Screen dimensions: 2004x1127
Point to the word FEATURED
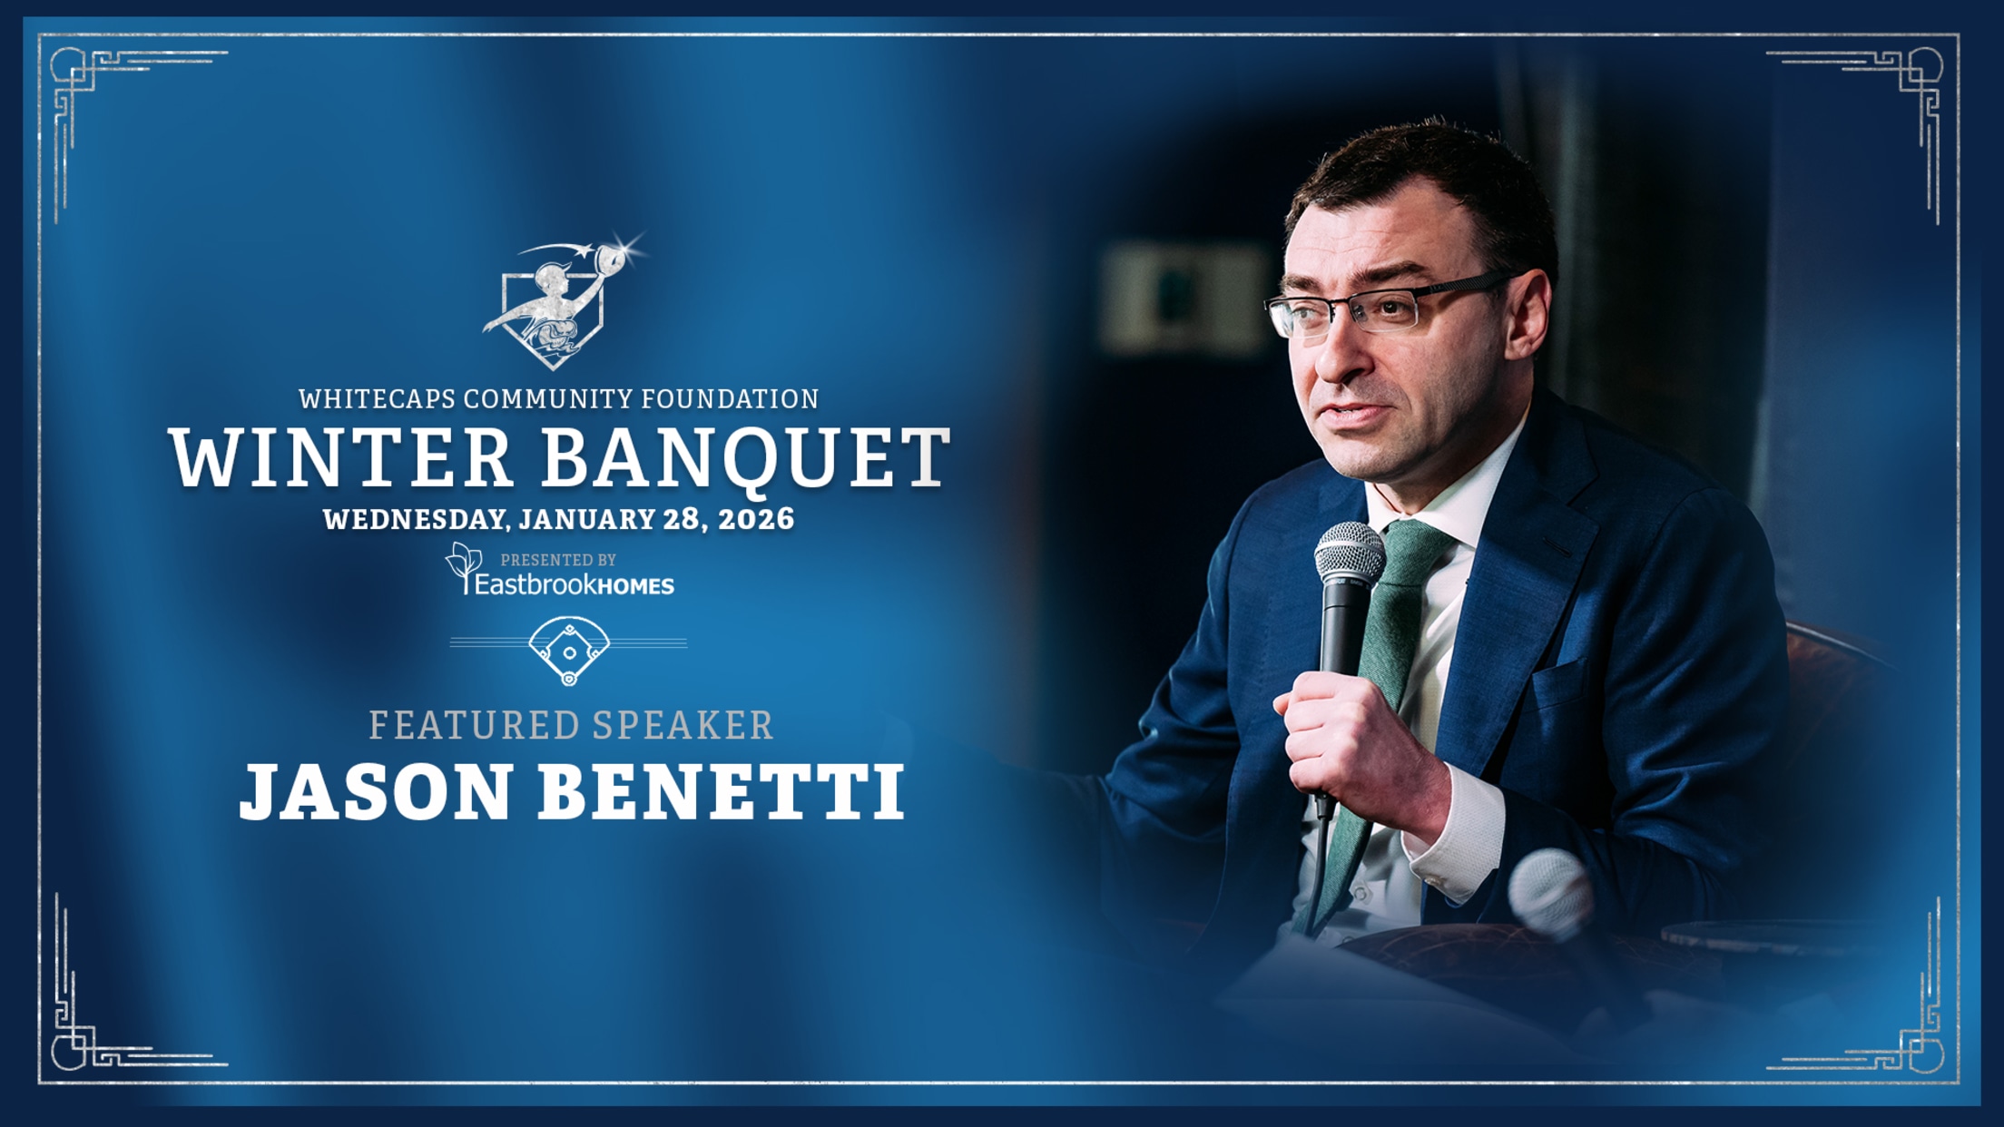click(474, 725)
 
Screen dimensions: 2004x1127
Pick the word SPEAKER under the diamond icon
click(683, 725)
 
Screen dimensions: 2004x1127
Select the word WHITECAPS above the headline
click(376, 398)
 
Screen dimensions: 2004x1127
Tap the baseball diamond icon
click(569, 650)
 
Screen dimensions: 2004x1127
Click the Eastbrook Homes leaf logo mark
click(463, 568)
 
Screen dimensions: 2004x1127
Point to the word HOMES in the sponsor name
click(636, 586)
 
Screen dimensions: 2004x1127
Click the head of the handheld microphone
click(1350, 554)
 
